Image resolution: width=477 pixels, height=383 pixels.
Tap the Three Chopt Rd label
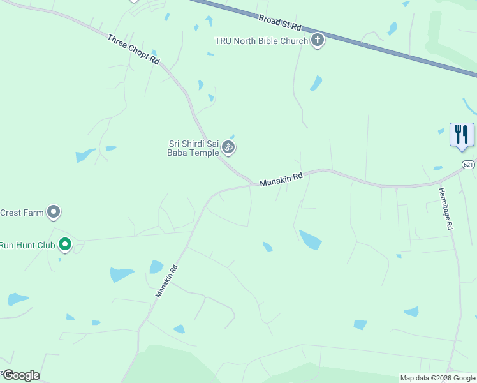(133, 49)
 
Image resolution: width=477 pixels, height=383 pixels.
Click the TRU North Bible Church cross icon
(317, 41)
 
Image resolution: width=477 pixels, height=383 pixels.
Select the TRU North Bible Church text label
(261, 41)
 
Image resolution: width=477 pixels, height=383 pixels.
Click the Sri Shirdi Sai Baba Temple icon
(228, 148)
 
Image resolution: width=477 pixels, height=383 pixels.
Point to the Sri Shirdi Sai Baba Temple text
(193, 148)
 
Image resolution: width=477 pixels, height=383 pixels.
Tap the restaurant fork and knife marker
(462, 135)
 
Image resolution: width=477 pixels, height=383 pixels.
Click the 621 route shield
(469, 165)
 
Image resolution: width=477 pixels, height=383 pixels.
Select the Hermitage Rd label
(446, 208)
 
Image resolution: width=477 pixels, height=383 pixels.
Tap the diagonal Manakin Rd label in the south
(166, 282)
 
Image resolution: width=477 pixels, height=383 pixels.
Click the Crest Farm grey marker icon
(54, 211)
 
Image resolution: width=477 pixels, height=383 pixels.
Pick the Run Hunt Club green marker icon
(64, 244)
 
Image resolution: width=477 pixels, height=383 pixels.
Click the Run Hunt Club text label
(27, 244)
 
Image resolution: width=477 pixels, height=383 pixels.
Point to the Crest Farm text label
(22, 212)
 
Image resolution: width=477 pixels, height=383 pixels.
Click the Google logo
(21, 375)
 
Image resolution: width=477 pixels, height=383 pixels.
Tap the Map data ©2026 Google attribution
(437, 378)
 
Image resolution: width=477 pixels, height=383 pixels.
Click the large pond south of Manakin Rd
(310, 239)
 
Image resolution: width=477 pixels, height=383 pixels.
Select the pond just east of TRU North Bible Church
(316, 84)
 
